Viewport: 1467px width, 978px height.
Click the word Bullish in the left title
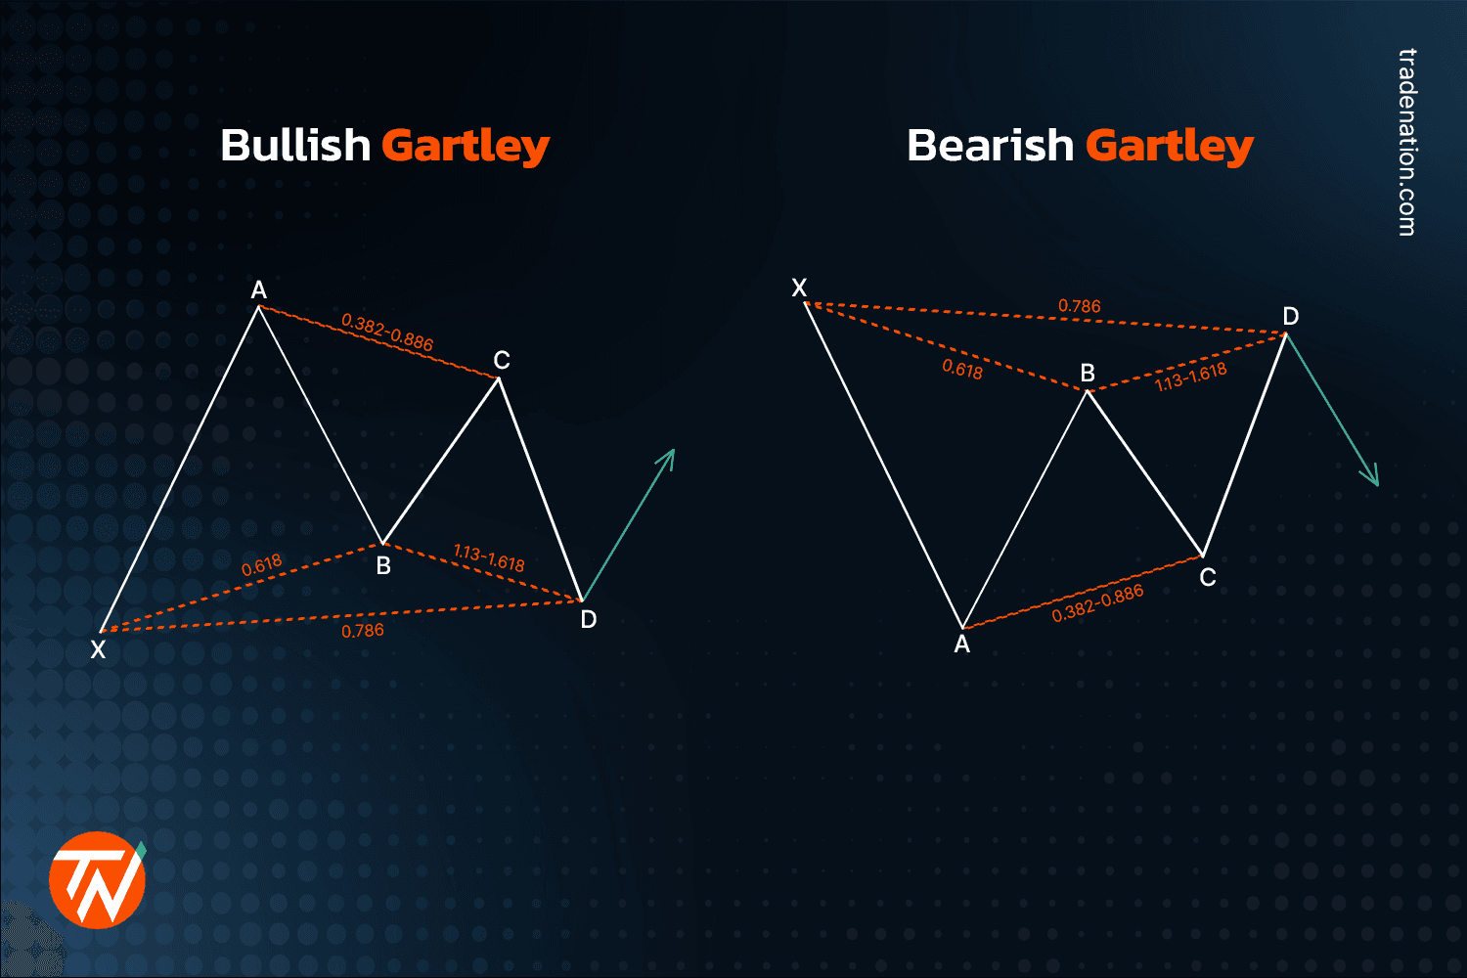(294, 146)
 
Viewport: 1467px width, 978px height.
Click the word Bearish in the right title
(990, 146)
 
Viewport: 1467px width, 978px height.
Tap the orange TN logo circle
(97, 879)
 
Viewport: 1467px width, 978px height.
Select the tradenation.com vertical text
(1406, 142)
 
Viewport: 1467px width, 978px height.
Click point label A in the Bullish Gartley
(258, 289)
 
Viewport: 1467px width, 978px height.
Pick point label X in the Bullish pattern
(98, 649)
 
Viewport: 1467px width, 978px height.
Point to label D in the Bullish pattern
(588, 619)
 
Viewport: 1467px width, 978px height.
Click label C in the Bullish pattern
(502, 361)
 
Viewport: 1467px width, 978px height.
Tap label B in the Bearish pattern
(1088, 373)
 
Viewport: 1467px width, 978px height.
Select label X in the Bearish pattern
(799, 288)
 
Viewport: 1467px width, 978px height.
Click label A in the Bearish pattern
(962, 645)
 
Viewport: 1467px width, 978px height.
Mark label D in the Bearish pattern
(1291, 316)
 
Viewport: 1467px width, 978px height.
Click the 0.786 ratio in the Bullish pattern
(363, 631)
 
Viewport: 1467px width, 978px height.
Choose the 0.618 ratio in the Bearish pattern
(962, 369)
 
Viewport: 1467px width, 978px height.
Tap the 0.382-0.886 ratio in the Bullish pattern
(387, 332)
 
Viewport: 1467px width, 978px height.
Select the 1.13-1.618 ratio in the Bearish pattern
(1190, 377)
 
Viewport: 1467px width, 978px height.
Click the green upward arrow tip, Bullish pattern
(673, 451)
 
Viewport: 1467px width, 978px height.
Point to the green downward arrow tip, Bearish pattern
(1376, 484)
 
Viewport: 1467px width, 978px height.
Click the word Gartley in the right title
(1169, 146)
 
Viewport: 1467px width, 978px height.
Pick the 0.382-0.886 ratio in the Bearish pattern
(1097, 603)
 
